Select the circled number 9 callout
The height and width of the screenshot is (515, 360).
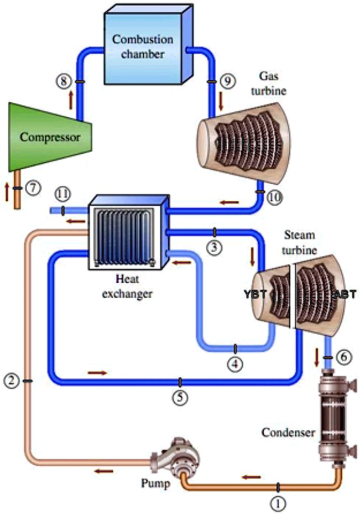[x=226, y=81]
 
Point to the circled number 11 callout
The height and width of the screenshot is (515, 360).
[x=63, y=194]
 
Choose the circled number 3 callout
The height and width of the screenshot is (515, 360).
[x=215, y=248]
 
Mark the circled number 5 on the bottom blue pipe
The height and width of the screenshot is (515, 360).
[x=180, y=397]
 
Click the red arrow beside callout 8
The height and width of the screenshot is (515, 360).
[x=70, y=99]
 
